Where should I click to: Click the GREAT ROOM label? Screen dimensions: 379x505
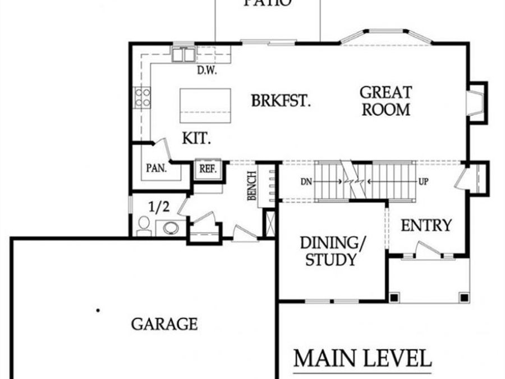pos(385,101)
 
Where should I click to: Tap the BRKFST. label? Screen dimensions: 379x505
pos(281,102)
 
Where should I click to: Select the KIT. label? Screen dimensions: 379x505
pos(196,138)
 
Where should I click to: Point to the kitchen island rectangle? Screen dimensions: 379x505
pos(205,106)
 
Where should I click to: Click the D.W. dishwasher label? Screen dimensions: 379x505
pos(206,71)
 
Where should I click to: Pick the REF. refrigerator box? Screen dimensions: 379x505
pos(209,169)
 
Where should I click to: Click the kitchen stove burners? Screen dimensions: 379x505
pos(142,99)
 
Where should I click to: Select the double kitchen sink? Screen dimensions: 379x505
pos(183,54)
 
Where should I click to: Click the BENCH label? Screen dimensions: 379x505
pos(252,185)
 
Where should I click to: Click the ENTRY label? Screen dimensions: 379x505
pos(426,226)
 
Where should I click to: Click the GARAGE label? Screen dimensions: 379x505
pos(164,324)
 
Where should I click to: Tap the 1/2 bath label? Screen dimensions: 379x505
pos(159,207)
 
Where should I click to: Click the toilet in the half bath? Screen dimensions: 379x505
pos(144,225)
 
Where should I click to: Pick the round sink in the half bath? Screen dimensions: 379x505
pos(170,227)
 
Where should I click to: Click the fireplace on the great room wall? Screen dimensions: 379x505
pos(475,101)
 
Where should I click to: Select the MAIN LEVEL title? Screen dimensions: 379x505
pos(362,358)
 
